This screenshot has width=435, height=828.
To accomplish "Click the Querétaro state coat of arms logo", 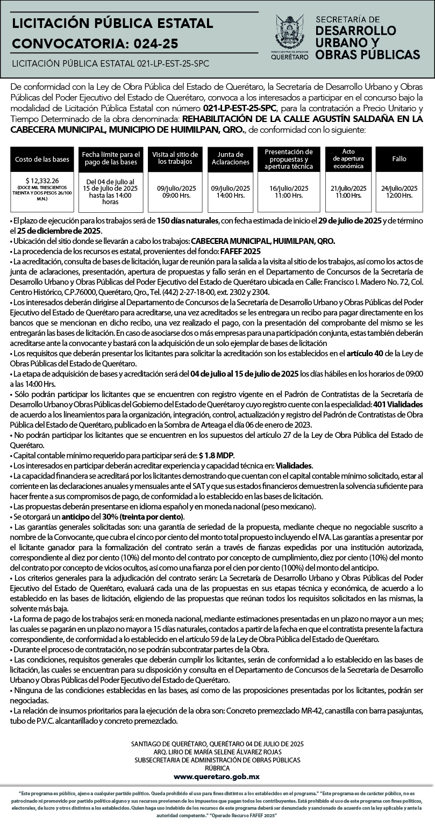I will pos(289,32).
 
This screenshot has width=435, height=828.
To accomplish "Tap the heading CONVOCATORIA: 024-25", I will pos(95,43).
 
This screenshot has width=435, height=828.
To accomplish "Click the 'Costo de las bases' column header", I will pos(41,159).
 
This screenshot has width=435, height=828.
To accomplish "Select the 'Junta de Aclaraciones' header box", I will pos(230,159).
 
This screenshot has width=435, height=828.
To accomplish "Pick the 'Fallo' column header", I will pos(399,159).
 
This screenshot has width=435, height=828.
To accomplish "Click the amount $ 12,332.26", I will pos(42,181).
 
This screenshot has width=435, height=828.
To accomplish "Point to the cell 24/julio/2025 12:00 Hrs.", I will pos(399,192).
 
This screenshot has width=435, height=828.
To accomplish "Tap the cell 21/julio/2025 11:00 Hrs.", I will pos(348,192).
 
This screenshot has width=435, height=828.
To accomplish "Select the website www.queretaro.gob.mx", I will pos(217,776).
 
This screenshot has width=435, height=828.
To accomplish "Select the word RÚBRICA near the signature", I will pos(217,768).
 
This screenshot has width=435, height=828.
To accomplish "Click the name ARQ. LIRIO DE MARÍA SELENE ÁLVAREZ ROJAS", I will pos(217,752).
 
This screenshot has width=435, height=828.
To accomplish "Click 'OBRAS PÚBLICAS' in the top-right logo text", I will pos(368,55).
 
